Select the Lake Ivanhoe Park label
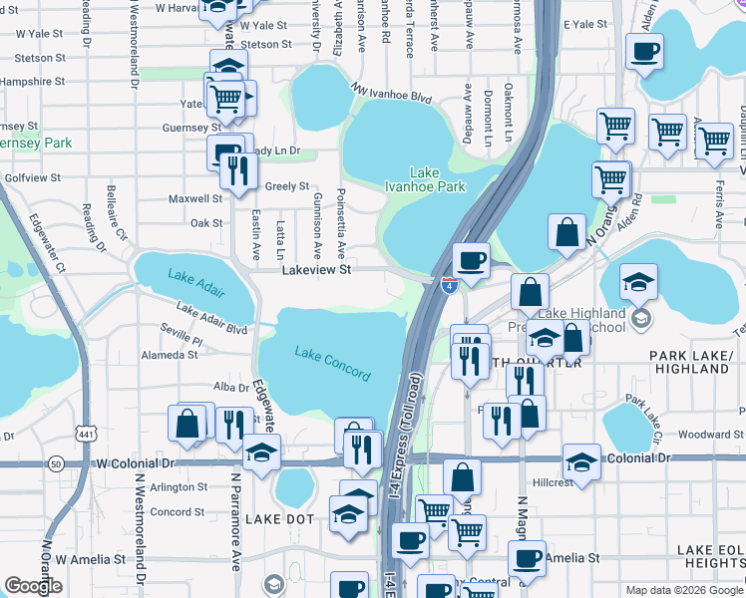[x=439, y=178]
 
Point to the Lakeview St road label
[x=316, y=269]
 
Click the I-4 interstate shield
[x=449, y=285]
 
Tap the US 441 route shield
[x=88, y=430]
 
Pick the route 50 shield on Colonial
[x=56, y=463]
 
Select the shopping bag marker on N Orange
[x=566, y=233]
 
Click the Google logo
[x=33, y=586]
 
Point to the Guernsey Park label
[x=36, y=143]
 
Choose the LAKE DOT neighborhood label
[x=280, y=519]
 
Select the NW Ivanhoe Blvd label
[x=390, y=93]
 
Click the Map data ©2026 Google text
[x=683, y=590]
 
